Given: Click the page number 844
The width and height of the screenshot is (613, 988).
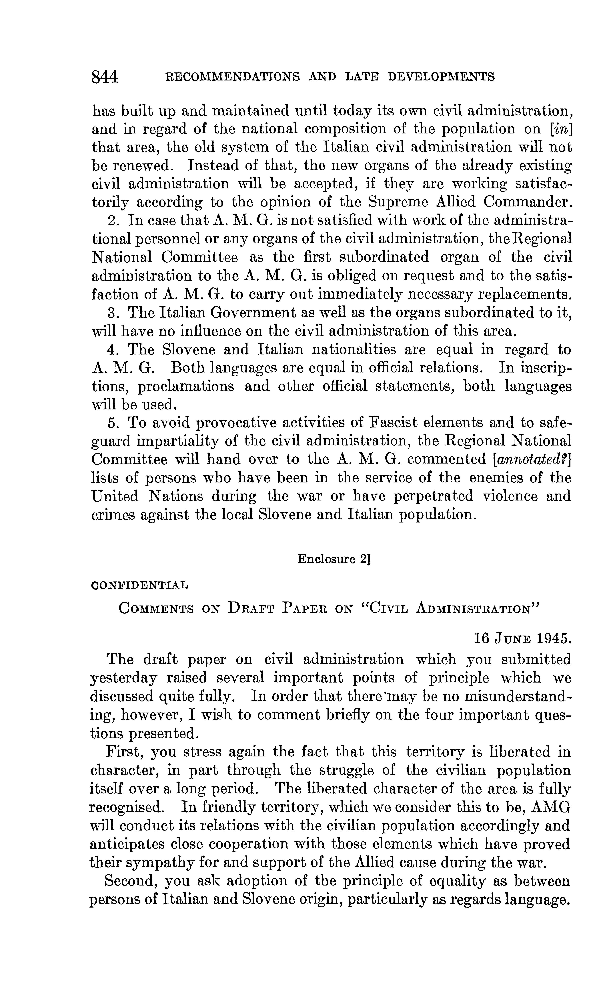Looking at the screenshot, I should tap(105, 76).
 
